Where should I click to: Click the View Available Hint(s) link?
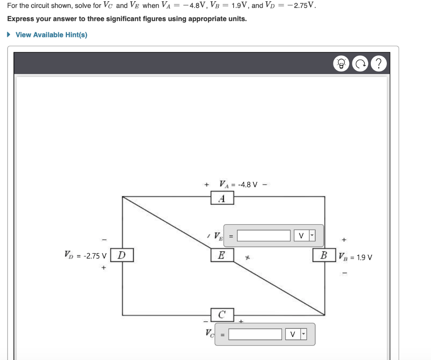point(51,35)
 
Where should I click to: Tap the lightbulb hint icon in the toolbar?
point(341,64)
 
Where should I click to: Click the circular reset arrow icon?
point(359,64)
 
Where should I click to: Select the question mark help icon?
point(379,64)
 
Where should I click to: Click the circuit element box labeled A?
point(222,198)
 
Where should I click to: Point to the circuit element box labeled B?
point(324,255)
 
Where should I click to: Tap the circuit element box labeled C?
point(222,314)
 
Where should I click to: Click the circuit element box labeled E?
point(222,255)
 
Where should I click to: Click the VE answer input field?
point(263,236)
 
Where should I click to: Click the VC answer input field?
point(255,334)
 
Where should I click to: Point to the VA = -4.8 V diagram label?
point(238,184)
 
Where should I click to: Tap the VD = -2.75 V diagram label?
point(85,255)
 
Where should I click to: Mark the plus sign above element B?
point(344,240)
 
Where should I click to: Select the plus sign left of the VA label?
point(206,185)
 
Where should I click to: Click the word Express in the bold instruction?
point(20,19)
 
